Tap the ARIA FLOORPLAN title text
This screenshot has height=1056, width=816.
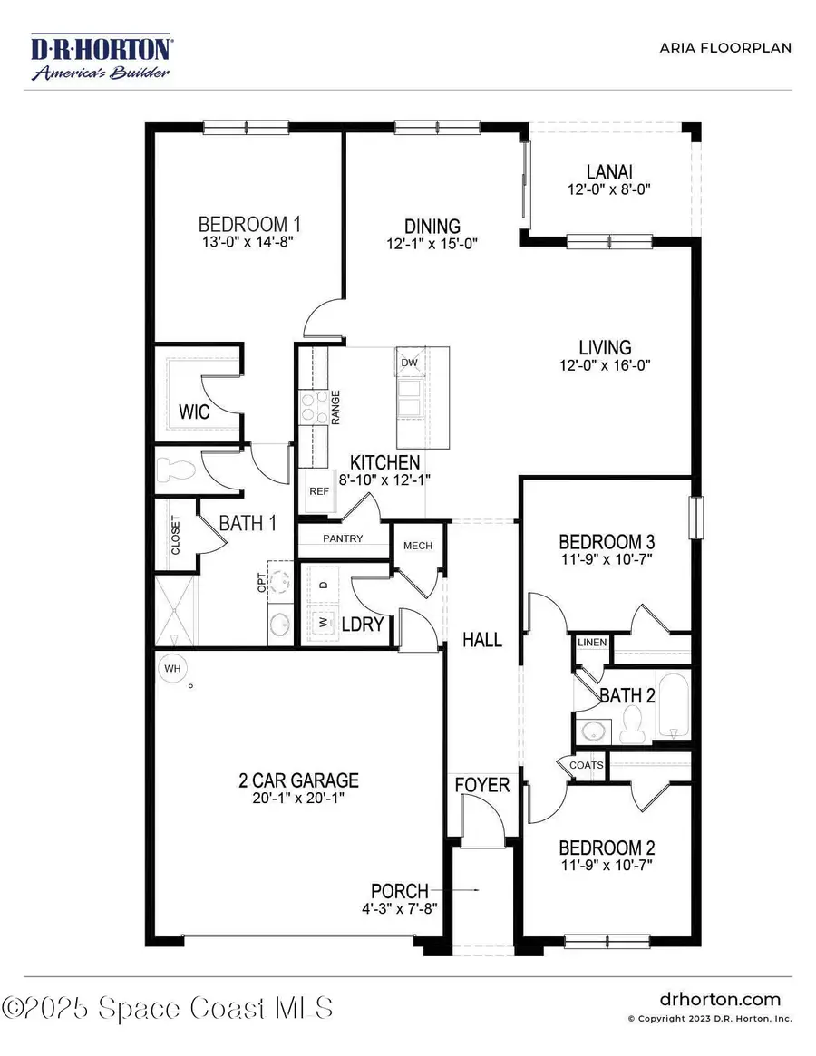[725, 47]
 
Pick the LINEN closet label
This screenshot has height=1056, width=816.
[592, 643]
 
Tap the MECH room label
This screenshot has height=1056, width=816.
[418, 546]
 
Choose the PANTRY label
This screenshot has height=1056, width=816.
[343, 538]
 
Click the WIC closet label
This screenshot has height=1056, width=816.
[194, 412]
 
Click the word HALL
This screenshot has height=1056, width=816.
[482, 640]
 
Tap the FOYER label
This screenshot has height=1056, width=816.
[482, 785]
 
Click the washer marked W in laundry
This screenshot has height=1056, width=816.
[322, 623]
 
